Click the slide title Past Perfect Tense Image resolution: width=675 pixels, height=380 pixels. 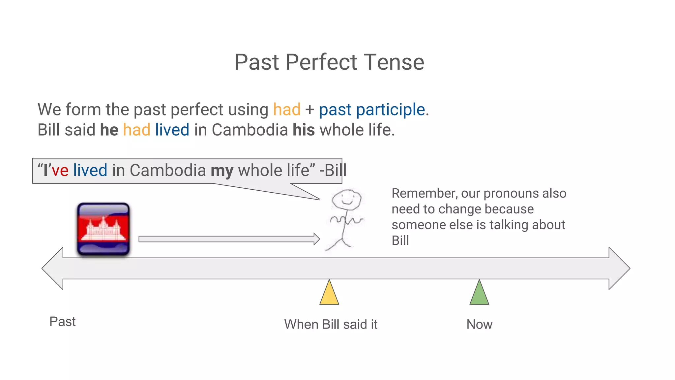(x=329, y=62)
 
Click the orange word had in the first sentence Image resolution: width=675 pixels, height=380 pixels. (x=287, y=110)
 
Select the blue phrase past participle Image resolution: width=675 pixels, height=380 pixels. (x=372, y=110)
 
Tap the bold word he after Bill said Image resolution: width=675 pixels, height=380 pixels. (x=109, y=130)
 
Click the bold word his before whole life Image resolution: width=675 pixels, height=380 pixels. (x=304, y=130)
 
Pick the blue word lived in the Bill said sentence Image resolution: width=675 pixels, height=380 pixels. (x=172, y=130)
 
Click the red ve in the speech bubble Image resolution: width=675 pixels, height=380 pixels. (x=60, y=171)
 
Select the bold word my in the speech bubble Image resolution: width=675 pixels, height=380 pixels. (x=222, y=171)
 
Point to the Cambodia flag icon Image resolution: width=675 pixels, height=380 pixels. (x=103, y=229)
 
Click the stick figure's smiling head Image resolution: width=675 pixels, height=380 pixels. (x=346, y=199)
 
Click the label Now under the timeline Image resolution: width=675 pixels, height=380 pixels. (x=479, y=325)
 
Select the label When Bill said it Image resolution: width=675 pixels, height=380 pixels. (x=331, y=325)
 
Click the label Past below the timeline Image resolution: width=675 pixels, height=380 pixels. (x=62, y=322)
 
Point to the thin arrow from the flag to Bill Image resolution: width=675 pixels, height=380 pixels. (x=227, y=239)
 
